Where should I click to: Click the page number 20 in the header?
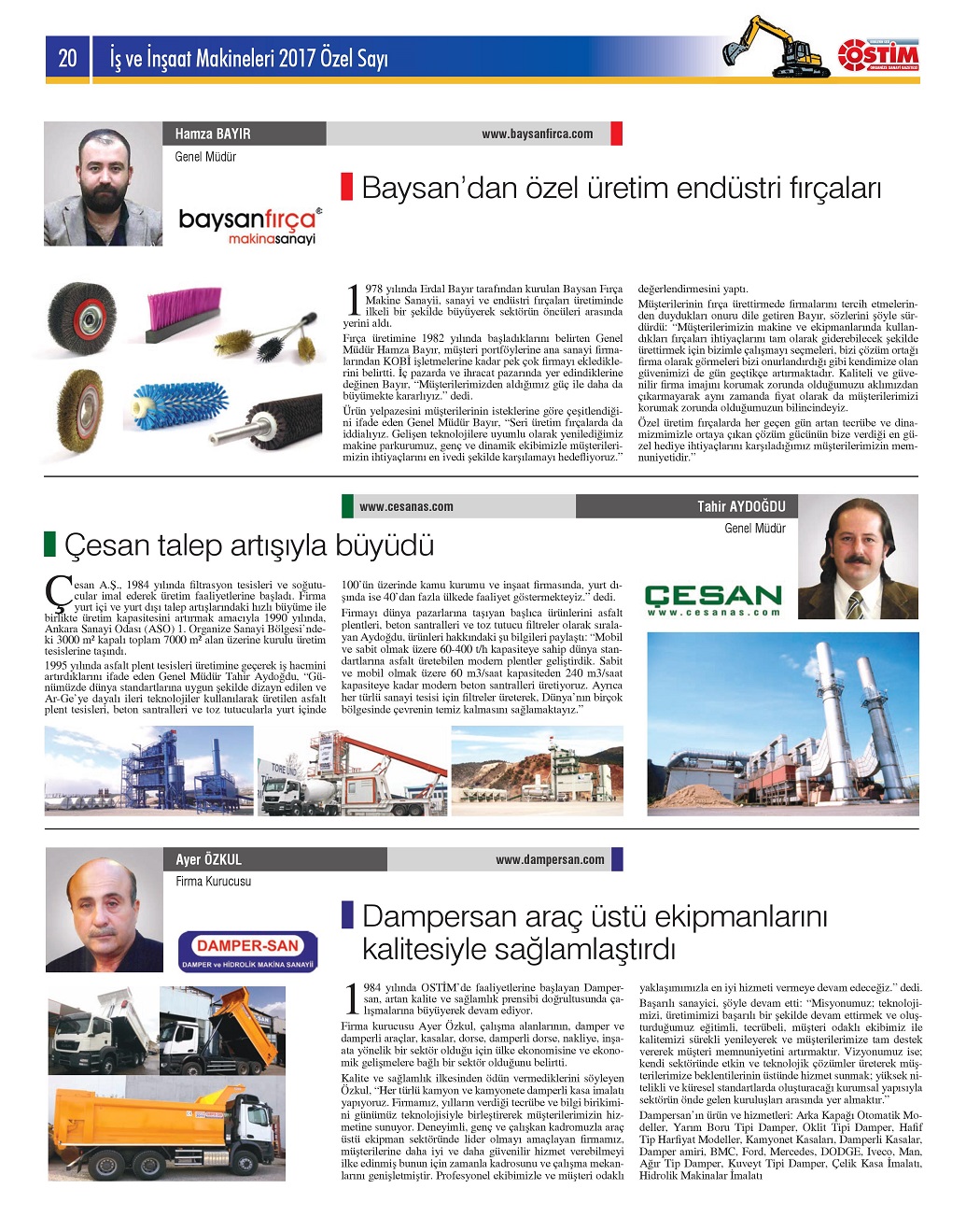coord(68,58)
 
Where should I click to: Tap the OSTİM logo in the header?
coord(878,56)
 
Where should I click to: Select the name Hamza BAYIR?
coord(213,134)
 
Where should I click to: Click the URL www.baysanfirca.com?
coord(537,134)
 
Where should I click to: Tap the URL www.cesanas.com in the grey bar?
coord(406,506)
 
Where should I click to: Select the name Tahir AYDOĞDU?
coord(741,506)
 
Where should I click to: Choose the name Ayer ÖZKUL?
coord(208,859)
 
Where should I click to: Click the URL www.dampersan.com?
coord(550,859)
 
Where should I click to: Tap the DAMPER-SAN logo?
coord(247,951)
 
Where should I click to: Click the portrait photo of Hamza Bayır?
coord(103,184)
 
